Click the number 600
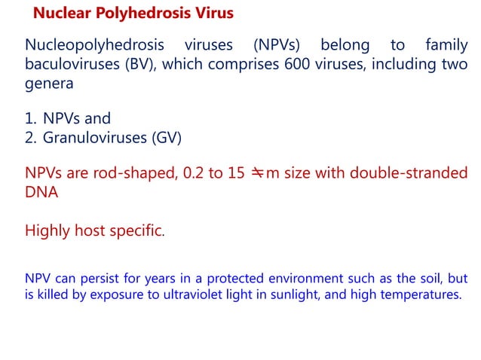[299, 66]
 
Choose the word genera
[49, 84]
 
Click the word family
[445, 47]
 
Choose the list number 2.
[30, 138]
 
